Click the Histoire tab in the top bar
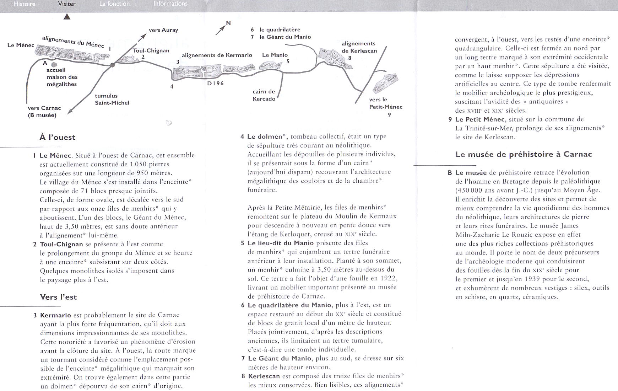24,4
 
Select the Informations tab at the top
170,4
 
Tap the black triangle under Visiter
67,17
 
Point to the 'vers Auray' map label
163,30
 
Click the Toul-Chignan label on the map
151,50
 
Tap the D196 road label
215,84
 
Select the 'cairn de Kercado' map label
264,95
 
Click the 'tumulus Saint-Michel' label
112,99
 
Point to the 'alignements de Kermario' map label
217,55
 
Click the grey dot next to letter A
54,65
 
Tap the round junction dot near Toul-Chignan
112,65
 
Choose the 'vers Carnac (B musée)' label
44,112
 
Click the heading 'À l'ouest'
57,138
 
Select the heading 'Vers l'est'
58,297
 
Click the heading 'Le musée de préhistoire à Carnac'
524,154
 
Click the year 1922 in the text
389,278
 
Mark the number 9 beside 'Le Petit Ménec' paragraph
450,119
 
